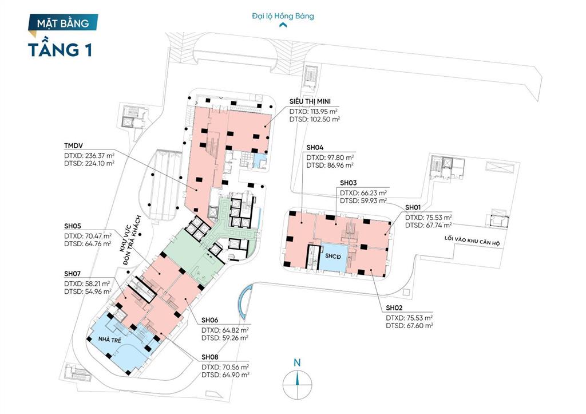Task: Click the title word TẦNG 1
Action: [x=60, y=50]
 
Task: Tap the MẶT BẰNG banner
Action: [x=63, y=23]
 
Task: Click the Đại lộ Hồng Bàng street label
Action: [x=283, y=16]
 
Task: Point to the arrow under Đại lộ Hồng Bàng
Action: [x=283, y=25]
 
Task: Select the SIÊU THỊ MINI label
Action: [x=310, y=101]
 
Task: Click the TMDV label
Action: [x=73, y=145]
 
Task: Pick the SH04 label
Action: [x=315, y=148]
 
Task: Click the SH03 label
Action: [x=349, y=183]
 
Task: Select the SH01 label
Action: [x=413, y=207]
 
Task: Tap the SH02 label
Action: [x=394, y=308]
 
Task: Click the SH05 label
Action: [x=73, y=226]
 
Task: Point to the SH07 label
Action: [x=72, y=274]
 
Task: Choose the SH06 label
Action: [x=209, y=320]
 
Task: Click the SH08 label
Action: [x=209, y=357]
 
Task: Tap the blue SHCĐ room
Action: [x=333, y=257]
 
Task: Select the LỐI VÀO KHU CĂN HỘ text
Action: [x=472, y=240]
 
